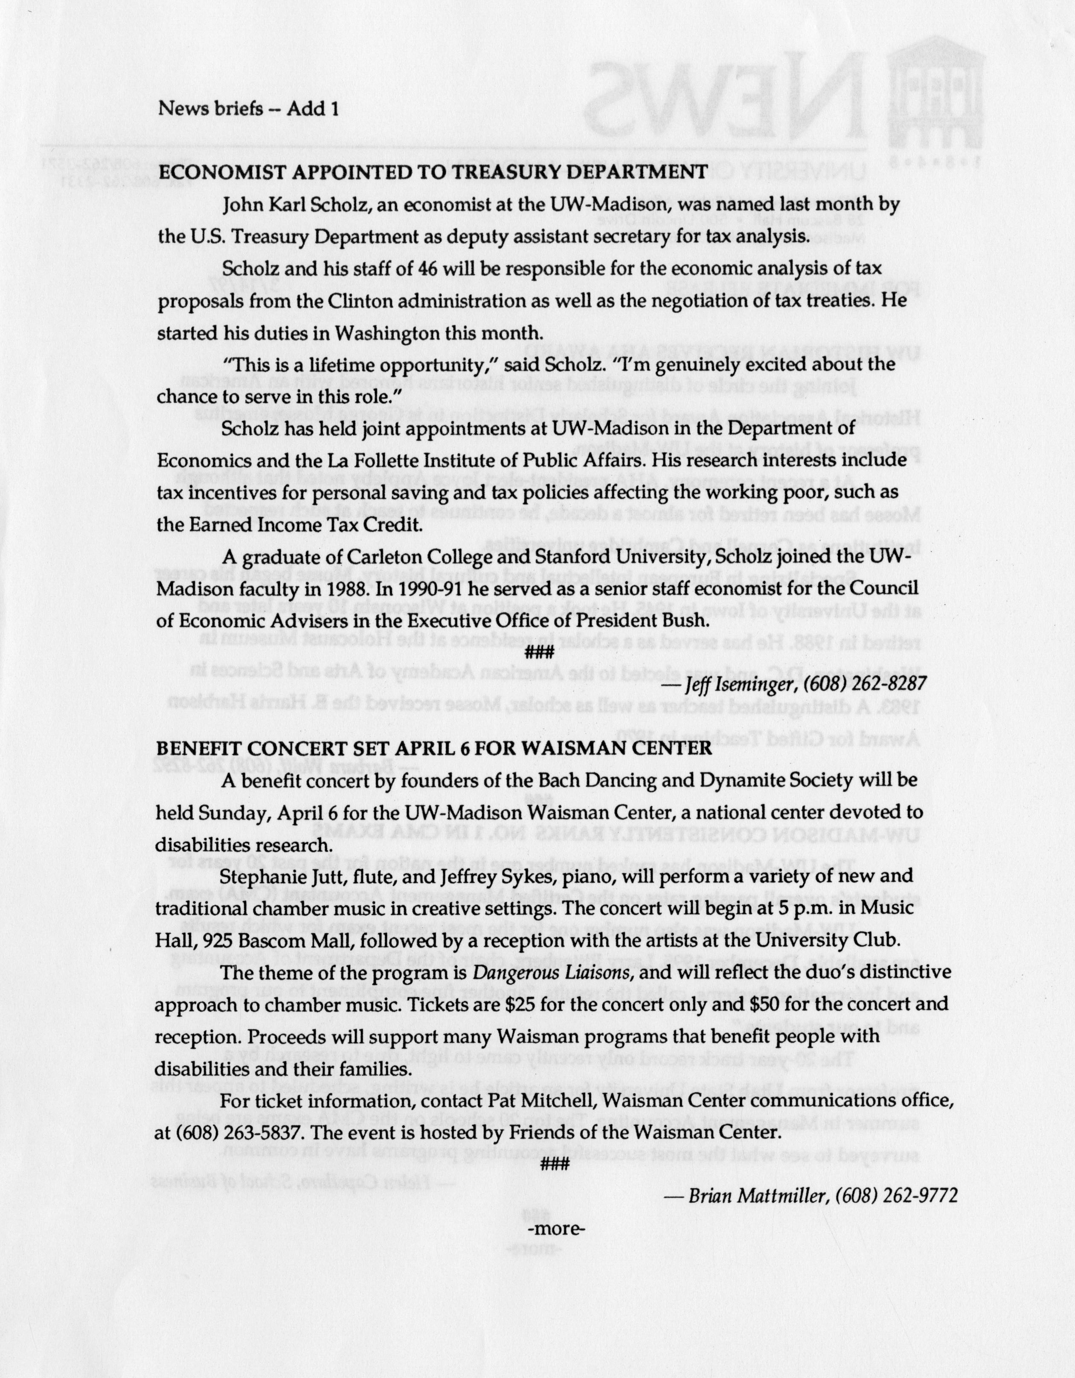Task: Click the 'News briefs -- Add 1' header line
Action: (249, 109)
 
